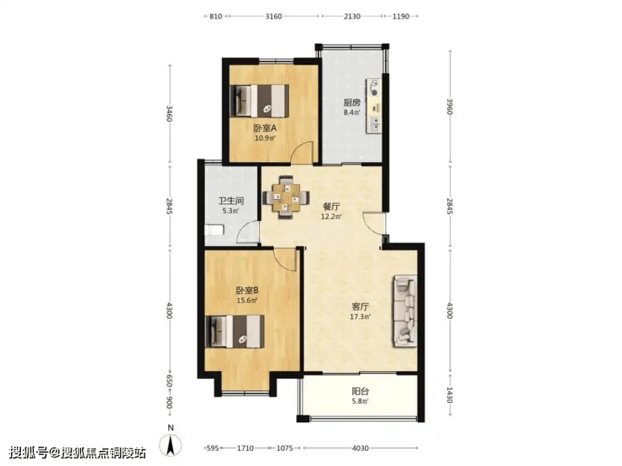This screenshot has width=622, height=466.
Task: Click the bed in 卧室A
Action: tap(260, 101)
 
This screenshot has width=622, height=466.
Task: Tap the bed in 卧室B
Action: tap(235, 332)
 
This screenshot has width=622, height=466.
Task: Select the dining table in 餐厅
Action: tap(286, 197)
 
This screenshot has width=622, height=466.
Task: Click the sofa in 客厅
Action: tap(405, 311)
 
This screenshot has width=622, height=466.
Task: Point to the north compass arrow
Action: tap(171, 445)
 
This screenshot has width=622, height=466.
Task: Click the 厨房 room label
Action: tap(352, 102)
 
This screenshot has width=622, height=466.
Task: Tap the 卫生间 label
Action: tap(231, 201)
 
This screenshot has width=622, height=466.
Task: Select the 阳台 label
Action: tap(361, 391)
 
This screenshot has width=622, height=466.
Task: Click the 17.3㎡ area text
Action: tap(361, 317)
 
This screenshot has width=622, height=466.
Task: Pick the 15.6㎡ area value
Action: tap(247, 301)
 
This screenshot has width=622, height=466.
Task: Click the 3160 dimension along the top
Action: tap(273, 16)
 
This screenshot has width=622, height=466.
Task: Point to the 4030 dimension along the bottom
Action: tap(361, 448)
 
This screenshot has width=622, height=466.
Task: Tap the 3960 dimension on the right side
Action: tap(450, 107)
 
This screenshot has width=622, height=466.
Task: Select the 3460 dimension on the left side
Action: tap(170, 113)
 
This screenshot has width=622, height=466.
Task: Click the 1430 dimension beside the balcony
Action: tap(450, 395)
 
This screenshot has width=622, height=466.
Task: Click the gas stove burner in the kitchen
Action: tap(374, 92)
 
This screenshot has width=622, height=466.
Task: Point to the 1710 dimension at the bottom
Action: tap(245, 448)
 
